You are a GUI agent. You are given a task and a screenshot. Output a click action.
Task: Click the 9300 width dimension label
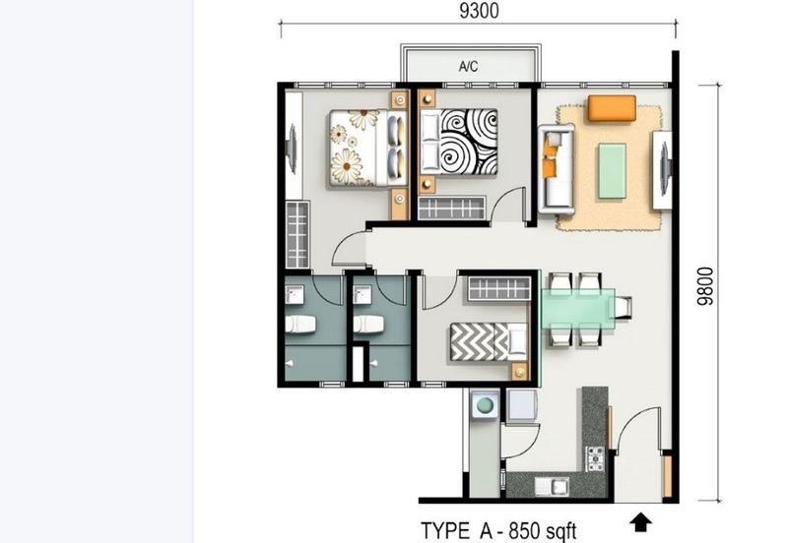[x=479, y=11]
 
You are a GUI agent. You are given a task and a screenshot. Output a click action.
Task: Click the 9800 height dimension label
[x=705, y=286]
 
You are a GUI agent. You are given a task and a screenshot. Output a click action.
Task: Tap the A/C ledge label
[x=469, y=66]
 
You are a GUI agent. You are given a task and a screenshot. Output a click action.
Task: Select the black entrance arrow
[x=641, y=522]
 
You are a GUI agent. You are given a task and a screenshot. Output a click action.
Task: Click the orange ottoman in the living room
[x=612, y=108]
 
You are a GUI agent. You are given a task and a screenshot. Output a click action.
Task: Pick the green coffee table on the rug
[x=612, y=170]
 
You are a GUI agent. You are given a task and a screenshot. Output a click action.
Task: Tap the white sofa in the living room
[x=556, y=169]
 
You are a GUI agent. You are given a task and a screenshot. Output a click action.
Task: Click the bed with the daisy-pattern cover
[x=367, y=149]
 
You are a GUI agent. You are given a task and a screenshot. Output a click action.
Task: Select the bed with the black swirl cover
[x=458, y=143]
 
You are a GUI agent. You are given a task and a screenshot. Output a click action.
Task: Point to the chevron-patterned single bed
[x=488, y=341]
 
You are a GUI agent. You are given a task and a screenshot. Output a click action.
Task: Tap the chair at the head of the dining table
[x=622, y=308]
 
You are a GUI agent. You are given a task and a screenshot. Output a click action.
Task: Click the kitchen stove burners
[x=595, y=458]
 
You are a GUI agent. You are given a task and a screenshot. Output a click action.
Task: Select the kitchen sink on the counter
[x=552, y=486]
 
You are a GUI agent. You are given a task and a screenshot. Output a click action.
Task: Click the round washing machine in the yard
[x=485, y=405]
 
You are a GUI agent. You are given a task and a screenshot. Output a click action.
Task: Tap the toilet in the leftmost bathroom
[x=300, y=325]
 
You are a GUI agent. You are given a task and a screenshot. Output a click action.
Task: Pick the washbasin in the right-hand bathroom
[x=362, y=295]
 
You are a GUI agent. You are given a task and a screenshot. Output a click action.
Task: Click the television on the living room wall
[x=664, y=169]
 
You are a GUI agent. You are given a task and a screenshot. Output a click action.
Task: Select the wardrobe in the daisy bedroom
[x=297, y=234]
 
